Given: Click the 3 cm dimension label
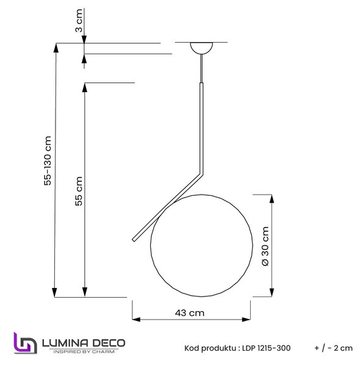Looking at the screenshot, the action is point(79,21).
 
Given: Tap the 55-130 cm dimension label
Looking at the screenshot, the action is point(48,161).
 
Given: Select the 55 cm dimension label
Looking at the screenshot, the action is point(79,191).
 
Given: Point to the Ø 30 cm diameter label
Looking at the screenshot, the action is point(265,246).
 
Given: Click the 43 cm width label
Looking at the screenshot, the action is point(190,313).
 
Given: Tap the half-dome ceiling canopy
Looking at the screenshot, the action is point(201,48).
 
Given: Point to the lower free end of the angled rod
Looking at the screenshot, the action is point(134,240).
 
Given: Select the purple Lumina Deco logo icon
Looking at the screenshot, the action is point(25,343).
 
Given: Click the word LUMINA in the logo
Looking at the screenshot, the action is point(65,343).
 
